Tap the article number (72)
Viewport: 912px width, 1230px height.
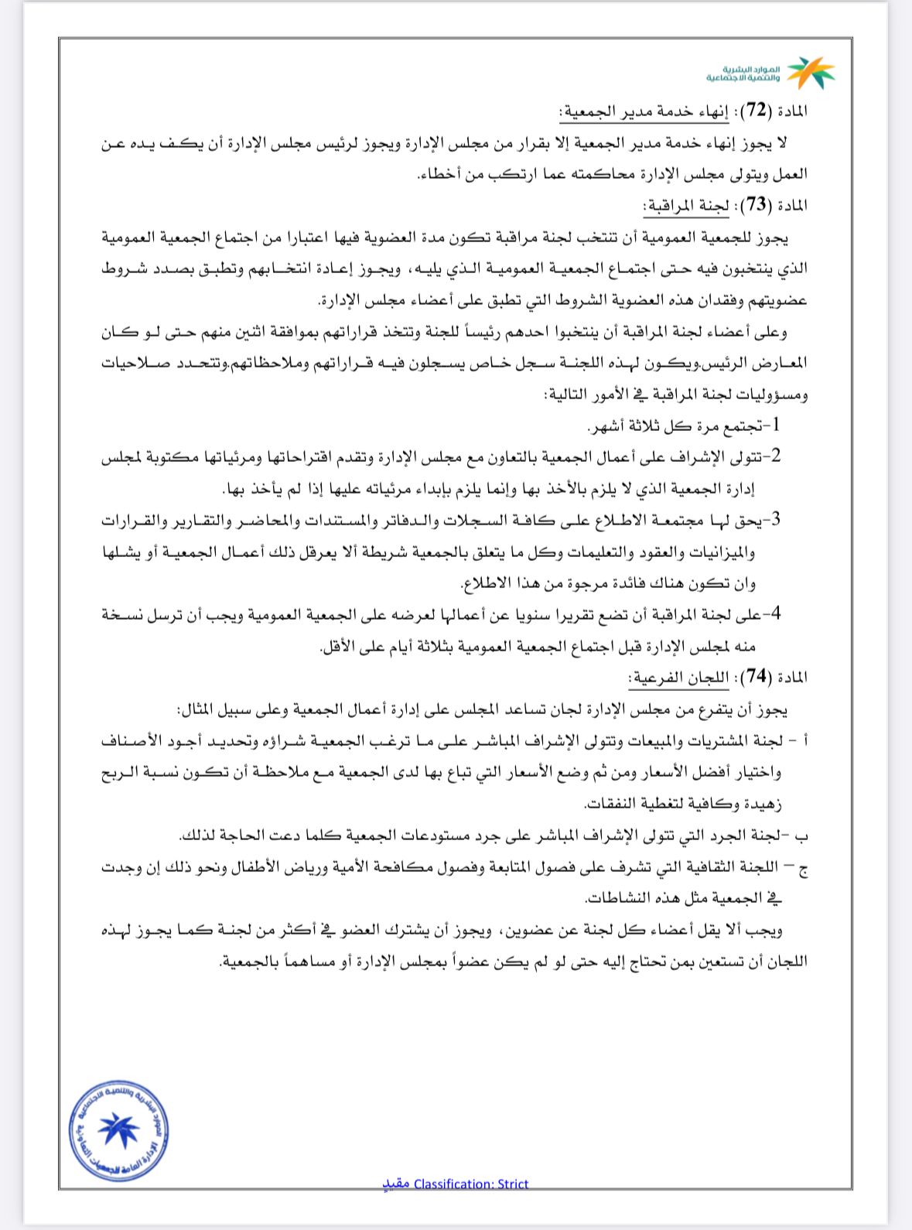pyautogui.click(x=757, y=111)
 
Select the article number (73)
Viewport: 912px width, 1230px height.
pyautogui.click(x=757, y=205)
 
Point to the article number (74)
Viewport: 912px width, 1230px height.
pyautogui.click(x=757, y=678)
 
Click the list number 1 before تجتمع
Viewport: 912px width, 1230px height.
pyautogui.click(x=776, y=425)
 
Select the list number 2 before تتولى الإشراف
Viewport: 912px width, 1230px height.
pyautogui.click(x=776, y=456)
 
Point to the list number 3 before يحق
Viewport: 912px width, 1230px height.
pyautogui.click(x=776, y=519)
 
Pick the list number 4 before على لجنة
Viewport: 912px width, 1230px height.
pyautogui.click(x=776, y=614)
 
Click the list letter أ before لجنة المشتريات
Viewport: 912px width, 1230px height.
pyautogui.click(x=804, y=741)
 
